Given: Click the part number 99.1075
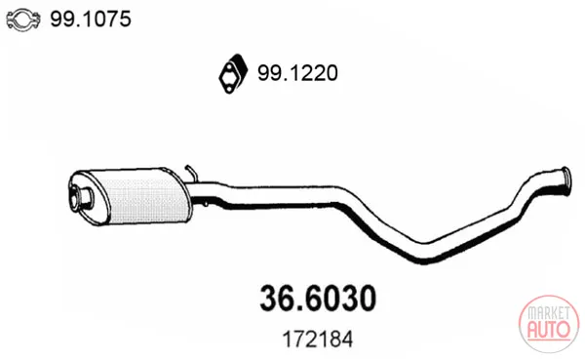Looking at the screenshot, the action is coord(91,19).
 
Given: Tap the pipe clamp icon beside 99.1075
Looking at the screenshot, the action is coord(23,20).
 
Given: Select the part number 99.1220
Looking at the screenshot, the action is coord(297,72).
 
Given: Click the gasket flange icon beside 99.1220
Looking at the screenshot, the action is coord(233,73).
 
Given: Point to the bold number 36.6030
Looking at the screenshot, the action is coord(318,298).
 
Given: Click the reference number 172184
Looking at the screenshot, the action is coord(318,340).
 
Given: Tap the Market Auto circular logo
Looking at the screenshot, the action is coord(549,324).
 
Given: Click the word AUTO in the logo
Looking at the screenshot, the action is coord(549,330).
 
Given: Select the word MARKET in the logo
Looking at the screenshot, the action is coord(549,313).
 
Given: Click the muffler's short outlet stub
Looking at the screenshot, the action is coord(82,196).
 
